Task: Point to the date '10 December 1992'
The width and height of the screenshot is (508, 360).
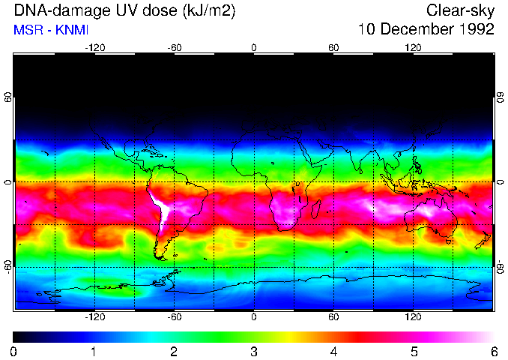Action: (426, 30)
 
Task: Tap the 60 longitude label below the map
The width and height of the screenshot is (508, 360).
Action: (333, 317)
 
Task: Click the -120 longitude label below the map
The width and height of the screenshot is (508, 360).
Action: (94, 317)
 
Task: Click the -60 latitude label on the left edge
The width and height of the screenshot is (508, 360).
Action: (8, 267)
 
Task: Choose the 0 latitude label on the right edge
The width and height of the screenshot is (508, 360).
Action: (501, 182)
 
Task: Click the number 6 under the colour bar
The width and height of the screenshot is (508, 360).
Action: (494, 351)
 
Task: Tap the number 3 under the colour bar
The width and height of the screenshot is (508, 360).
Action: (254, 351)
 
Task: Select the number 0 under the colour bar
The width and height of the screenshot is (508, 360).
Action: (14, 351)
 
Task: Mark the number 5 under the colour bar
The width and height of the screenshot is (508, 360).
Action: (414, 351)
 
